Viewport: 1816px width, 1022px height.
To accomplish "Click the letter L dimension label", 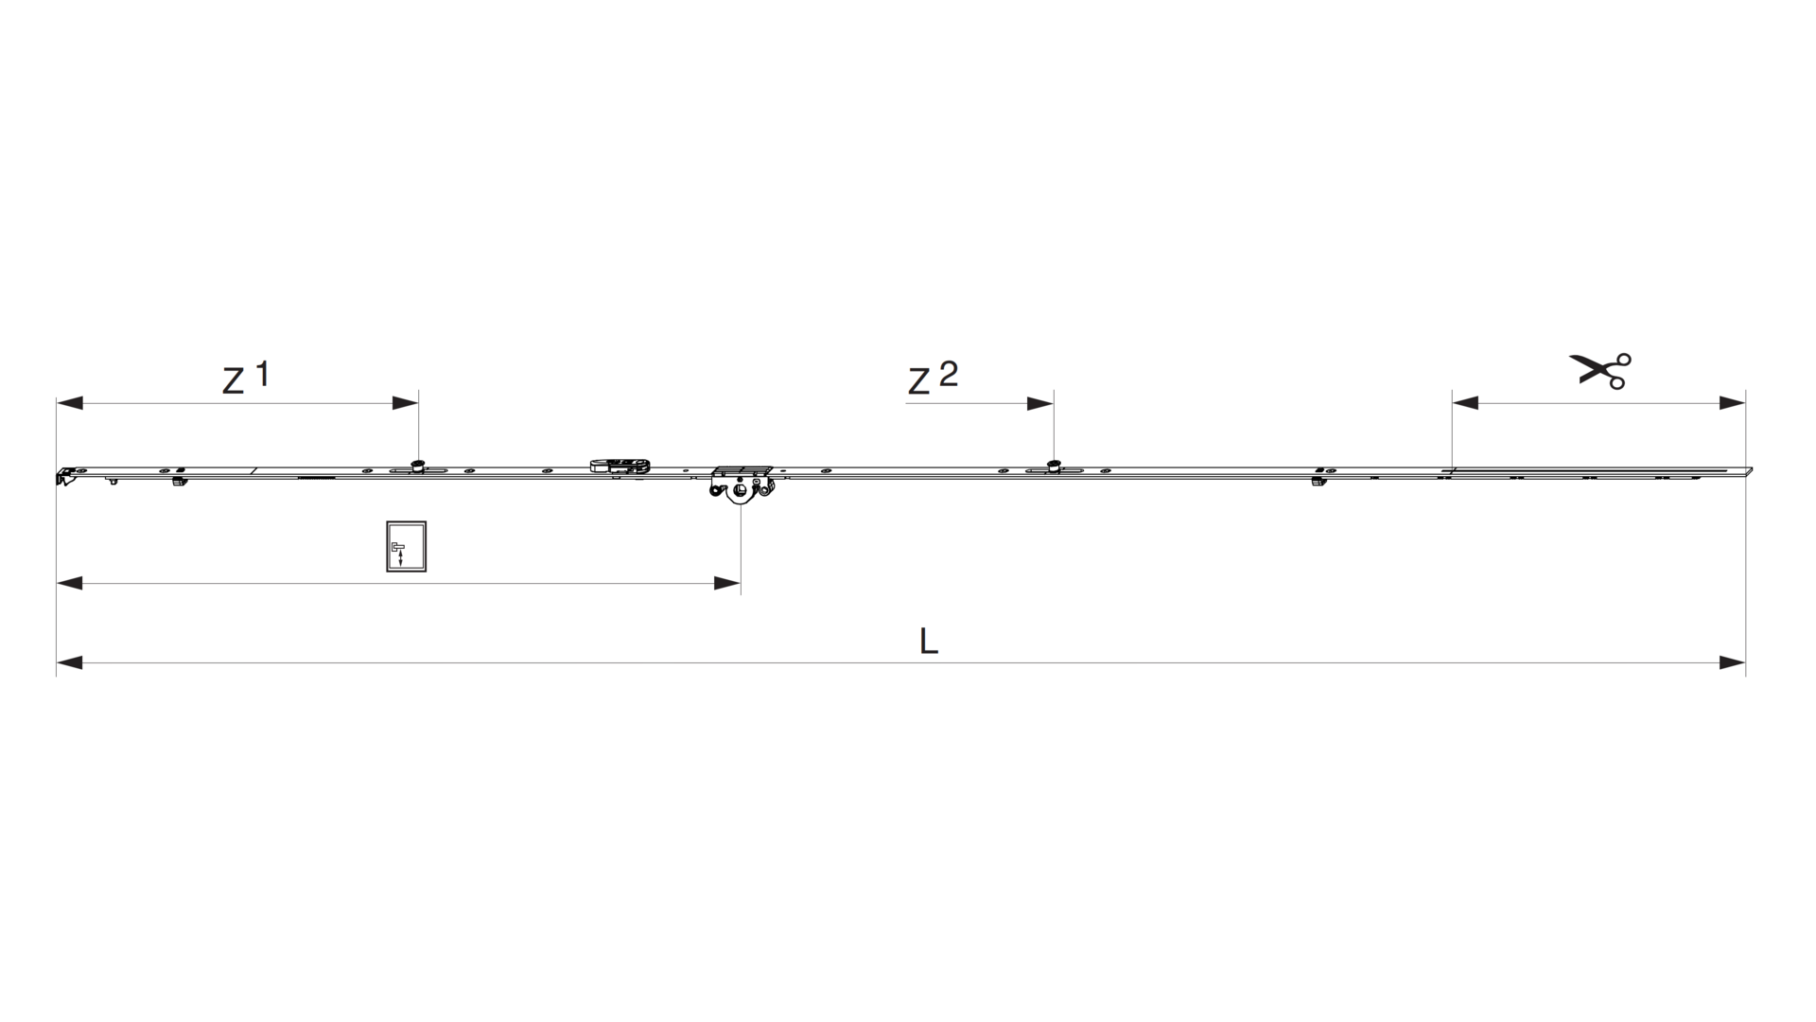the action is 929,642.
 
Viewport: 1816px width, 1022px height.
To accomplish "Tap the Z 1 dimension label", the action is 246,377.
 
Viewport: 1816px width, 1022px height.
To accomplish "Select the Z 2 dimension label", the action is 933,378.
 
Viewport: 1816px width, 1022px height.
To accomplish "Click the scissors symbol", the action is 1600,370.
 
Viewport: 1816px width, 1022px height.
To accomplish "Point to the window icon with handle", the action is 406,547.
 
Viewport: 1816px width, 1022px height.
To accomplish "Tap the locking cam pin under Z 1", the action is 417,465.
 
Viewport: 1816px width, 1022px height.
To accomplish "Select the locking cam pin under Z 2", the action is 1053,465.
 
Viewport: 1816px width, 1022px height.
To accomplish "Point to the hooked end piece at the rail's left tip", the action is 66,476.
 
